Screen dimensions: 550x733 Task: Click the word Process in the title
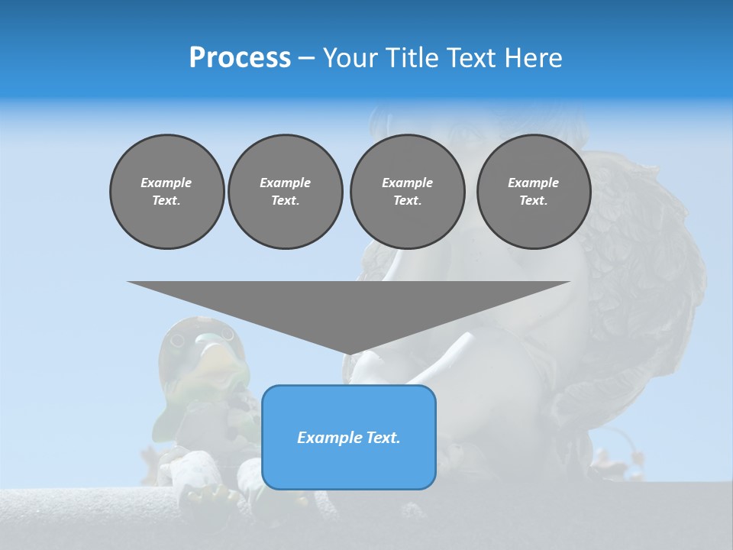click(x=240, y=58)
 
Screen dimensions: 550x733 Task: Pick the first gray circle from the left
click(x=166, y=192)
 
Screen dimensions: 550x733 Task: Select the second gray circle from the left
click(x=285, y=192)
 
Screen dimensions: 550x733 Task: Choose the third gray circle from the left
click(x=407, y=192)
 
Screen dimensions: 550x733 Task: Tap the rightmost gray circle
click(x=533, y=192)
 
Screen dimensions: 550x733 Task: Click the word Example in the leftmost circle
click(x=166, y=183)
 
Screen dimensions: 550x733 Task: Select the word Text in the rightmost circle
click(x=533, y=201)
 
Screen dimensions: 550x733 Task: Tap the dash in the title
click(x=306, y=58)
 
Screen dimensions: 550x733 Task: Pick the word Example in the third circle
click(x=407, y=183)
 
